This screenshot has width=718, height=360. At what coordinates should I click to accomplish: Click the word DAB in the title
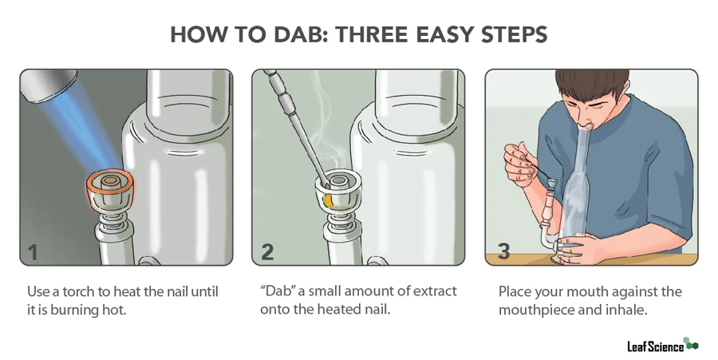click(x=306, y=36)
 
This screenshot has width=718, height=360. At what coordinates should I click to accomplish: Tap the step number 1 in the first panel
click(x=33, y=251)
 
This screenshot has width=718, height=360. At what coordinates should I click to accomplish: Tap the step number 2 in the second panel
click(x=267, y=251)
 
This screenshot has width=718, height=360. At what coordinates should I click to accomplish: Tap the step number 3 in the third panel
click(x=503, y=251)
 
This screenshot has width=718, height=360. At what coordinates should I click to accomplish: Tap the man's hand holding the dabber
click(x=519, y=163)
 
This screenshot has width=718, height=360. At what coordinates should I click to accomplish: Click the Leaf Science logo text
click(x=654, y=346)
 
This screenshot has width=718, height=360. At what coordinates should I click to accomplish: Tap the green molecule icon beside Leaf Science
click(x=691, y=344)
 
